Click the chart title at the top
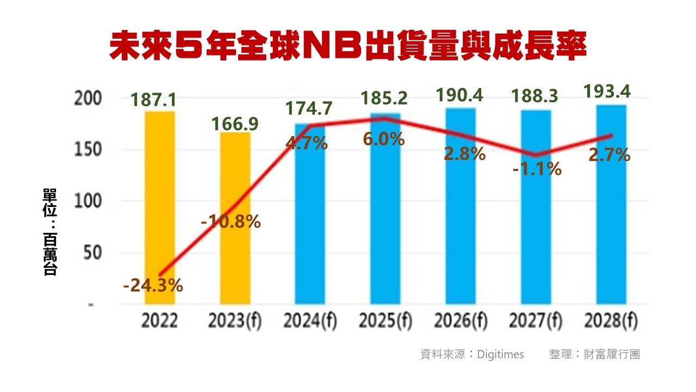point(348,46)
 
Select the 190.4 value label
point(460,96)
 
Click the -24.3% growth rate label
point(153,285)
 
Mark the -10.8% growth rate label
point(231,222)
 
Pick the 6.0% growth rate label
point(384,139)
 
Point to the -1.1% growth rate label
point(537,169)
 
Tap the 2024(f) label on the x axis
point(310,322)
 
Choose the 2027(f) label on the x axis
point(536,322)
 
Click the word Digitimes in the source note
point(500,354)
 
